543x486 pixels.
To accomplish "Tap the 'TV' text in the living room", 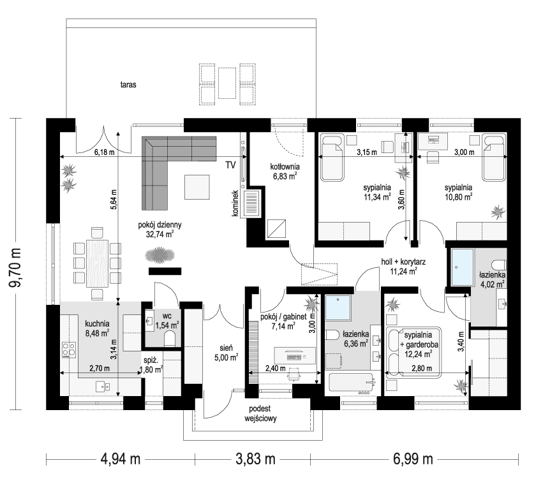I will point(230,165).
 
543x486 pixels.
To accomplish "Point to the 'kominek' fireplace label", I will point(235,203).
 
